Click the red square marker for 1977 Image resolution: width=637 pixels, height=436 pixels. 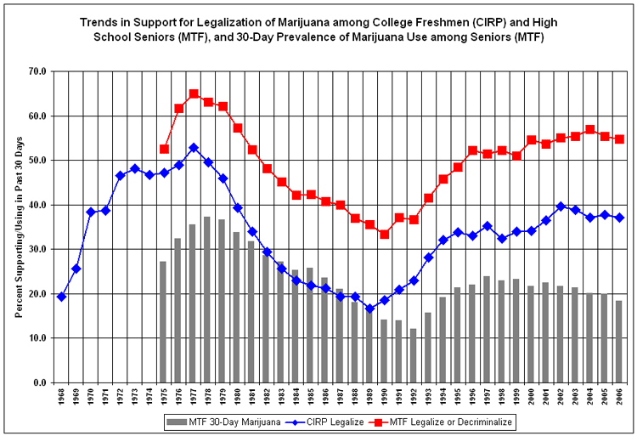pos(194,93)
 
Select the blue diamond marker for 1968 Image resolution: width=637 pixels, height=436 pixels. pos(61,297)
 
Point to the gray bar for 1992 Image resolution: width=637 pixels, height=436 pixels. pos(414,355)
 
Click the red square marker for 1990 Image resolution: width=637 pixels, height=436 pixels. pos(384,234)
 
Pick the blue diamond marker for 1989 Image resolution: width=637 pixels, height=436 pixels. pos(369,309)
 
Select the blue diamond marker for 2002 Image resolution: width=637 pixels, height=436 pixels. pos(561,207)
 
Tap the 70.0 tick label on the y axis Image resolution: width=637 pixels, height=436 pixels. pos(37,71)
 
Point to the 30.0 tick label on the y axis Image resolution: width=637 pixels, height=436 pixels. pos(37,249)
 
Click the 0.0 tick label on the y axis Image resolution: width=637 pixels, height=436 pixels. pos(39,382)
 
